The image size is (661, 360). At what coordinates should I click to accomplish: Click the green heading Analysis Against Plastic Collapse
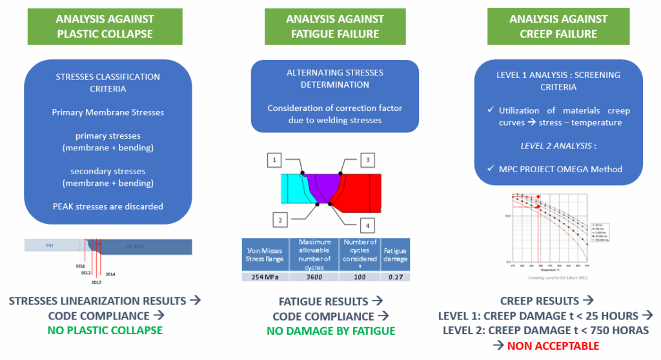pyautogui.click(x=108, y=26)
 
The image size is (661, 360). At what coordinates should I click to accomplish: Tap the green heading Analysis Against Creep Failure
pyautogui.click(x=559, y=26)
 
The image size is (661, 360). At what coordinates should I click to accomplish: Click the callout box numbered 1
pyautogui.click(x=274, y=159)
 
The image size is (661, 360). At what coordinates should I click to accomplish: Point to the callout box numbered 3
pyautogui.click(x=367, y=159)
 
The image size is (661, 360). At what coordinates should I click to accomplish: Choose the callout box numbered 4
pyautogui.click(x=367, y=225)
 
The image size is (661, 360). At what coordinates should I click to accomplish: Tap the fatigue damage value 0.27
pyautogui.click(x=395, y=277)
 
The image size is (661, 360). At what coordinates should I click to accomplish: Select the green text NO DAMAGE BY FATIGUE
pyautogui.click(x=331, y=331)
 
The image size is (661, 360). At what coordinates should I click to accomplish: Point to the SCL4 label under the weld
pyautogui.click(x=110, y=274)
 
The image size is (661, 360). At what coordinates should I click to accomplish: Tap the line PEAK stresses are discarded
pyautogui.click(x=108, y=206)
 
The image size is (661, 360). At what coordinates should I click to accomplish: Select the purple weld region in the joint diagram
pyautogui.click(x=320, y=185)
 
